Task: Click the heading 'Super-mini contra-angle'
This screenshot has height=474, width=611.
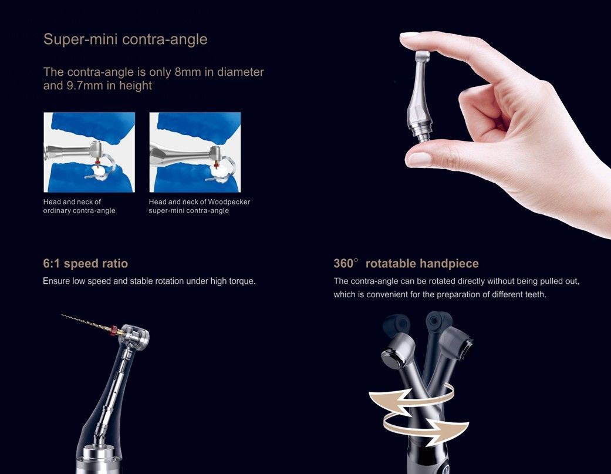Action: pyautogui.click(x=125, y=39)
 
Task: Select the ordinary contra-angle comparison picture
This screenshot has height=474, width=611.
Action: pyautogui.click(x=89, y=152)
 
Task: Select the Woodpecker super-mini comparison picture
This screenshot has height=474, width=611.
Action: pyautogui.click(x=195, y=152)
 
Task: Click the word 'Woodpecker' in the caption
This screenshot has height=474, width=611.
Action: pyautogui.click(x=229, y=202)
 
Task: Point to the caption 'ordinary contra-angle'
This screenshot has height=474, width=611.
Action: pyautogui.click(x=79, y=210)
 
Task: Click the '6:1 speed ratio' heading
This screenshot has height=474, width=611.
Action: pyautogui.click(x=85, y=264)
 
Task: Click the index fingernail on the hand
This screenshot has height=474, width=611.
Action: pyautogui.click(x=409, y=35)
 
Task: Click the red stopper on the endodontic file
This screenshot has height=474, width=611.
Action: pyautogui.click(x=116, y=329)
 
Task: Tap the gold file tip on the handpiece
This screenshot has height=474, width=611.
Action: pyautogui.click(x=86, y=322)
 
